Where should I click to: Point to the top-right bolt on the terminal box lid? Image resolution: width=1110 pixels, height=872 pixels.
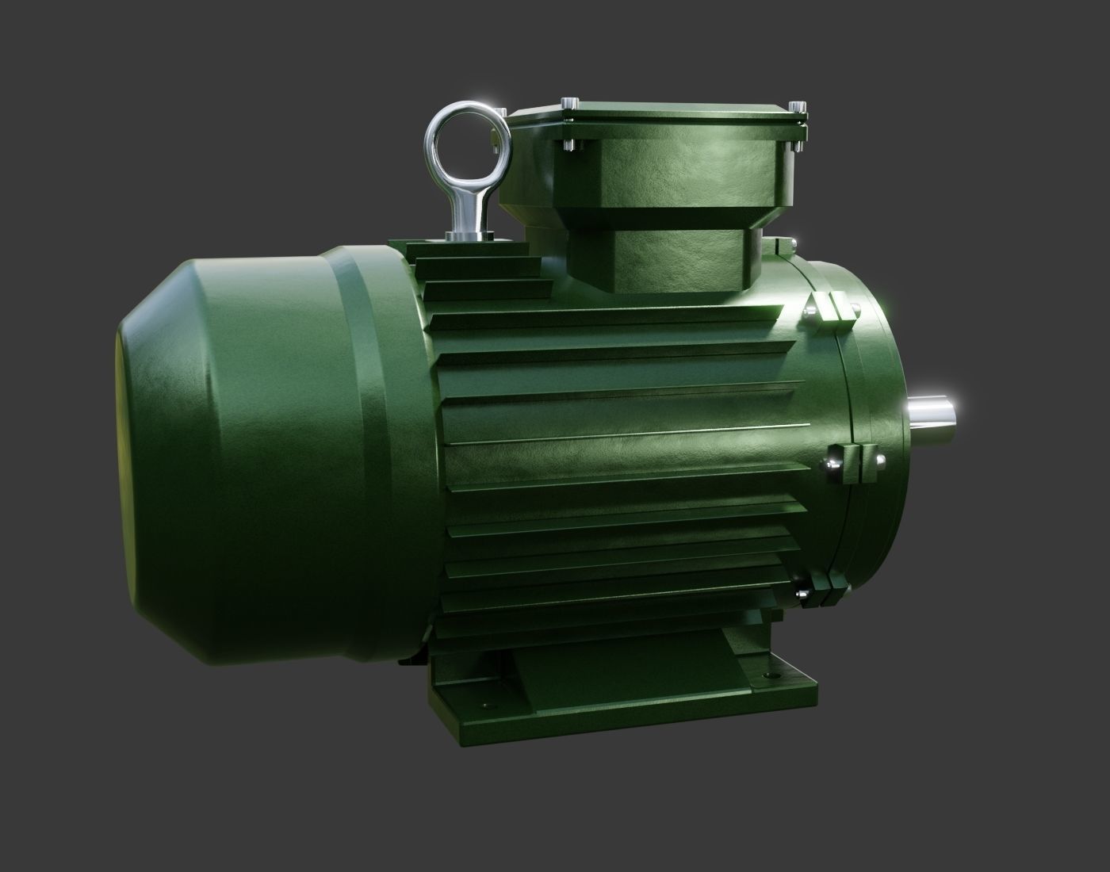pos(796,106)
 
